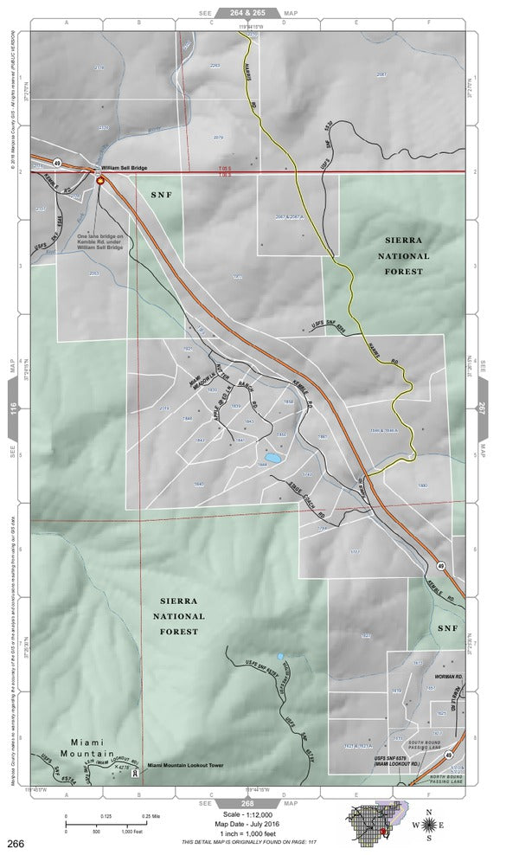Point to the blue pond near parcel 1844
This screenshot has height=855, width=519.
272,457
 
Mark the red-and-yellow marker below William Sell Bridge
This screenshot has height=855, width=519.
100,181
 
